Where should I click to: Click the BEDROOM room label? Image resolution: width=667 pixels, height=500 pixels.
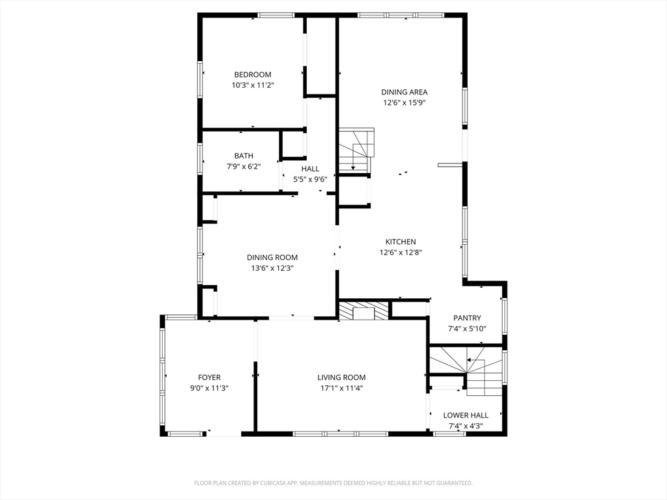pyautogui.click(x=253, y=74)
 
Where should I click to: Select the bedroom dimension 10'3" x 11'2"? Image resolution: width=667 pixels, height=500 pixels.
pyautogui.click(x=253, y=85)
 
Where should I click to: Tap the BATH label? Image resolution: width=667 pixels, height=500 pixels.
pyautogui.click(x=244, y=156)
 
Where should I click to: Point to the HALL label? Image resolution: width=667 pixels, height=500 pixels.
pyautogui.click(x=310, y=169)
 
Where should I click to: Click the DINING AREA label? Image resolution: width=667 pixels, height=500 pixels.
pyautogui.click(x=404, y=92)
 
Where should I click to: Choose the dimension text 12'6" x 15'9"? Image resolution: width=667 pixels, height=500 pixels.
pyautogui.click(x=404, y=102)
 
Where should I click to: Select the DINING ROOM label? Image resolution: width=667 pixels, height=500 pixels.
pyautogui.click(x=272, y=257)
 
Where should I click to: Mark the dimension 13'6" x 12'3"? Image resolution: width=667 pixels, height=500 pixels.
pyautogui.click(x=272, y=268)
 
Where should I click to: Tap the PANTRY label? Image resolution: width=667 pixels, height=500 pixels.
pyautogui.click(x=467, y=318)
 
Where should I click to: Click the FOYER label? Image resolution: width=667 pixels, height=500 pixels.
pyautogui.click(x=209, y=377)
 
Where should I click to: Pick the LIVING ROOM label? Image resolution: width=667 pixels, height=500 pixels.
pyautogui.click(x=341, y=377)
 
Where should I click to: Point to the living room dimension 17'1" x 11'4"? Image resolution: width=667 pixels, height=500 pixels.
pyautogui.click(x=341, y=387)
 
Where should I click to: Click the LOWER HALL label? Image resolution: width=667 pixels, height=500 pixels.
pyautogui.click(x=466, y=415)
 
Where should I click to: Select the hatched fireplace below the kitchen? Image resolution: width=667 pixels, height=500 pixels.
pyautogui.click(x=363, y=311)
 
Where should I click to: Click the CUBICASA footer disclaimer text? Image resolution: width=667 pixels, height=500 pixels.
pyautogui.click(x=333, y=482)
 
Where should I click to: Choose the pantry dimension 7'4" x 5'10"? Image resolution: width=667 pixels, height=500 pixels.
pyautogui.click(x=467, y=328)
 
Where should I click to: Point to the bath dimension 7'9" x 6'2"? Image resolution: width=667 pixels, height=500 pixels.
pyautogui.click(x=244, y=166)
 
